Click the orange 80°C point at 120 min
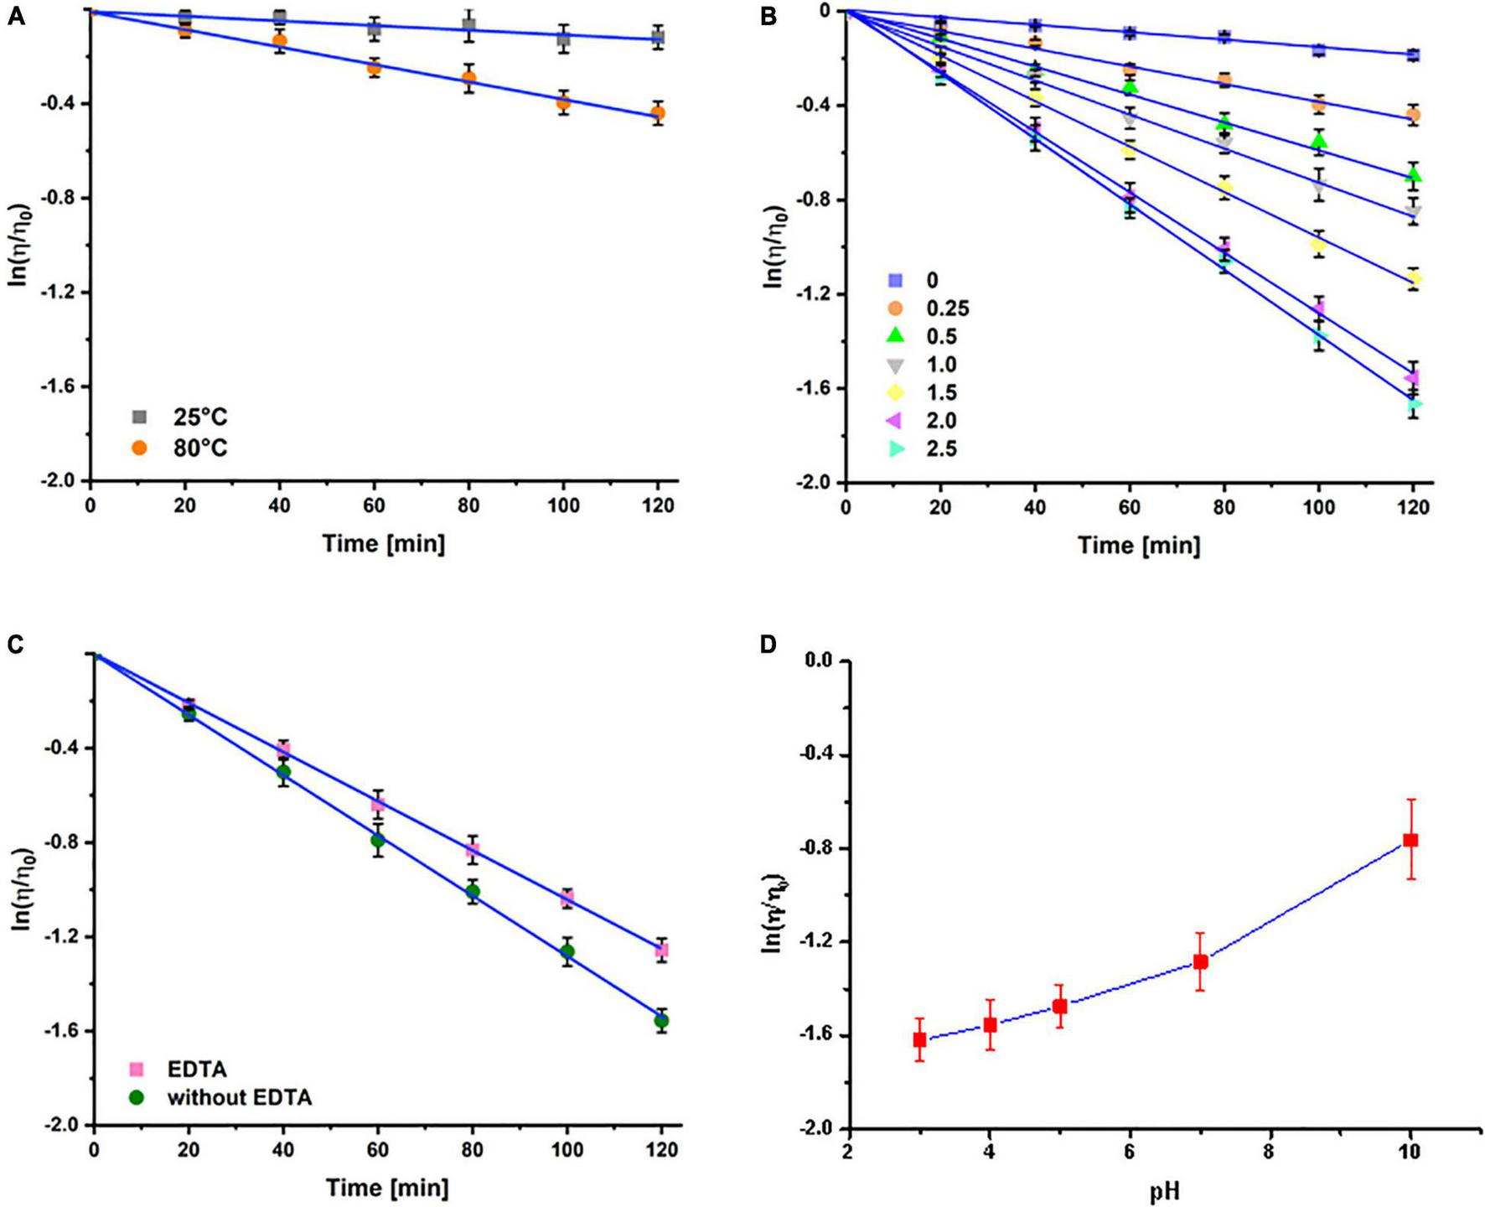(658, 113)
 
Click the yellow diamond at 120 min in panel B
(1414, 278)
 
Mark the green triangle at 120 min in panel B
(1414, 175)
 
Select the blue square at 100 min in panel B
(1319, 50)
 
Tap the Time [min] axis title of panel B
(1139, 546)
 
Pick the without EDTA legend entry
(240, 1097)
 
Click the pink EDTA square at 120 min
(661, 951)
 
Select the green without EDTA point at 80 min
(473, 891)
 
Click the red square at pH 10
(1410, 840)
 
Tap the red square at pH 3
(919, 1039)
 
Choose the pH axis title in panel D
(1165, 1191)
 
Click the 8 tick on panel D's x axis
(1270, 1154)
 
